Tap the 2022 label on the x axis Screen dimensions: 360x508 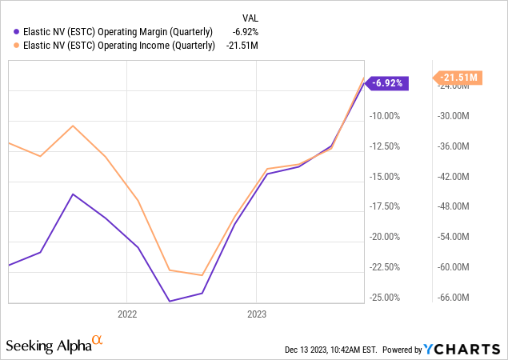pyautogui.click(x=128, y=314)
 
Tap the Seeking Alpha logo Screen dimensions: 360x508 pyautogui.click(x=54, y=346)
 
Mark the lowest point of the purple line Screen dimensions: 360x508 pyautogui.click(x=169, y=302)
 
